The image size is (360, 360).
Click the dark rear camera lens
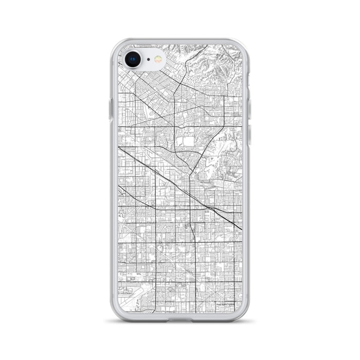[x=133, y=59]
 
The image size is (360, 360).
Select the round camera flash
[x=159, y=60]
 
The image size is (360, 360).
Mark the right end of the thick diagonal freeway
[x=241, y=229]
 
